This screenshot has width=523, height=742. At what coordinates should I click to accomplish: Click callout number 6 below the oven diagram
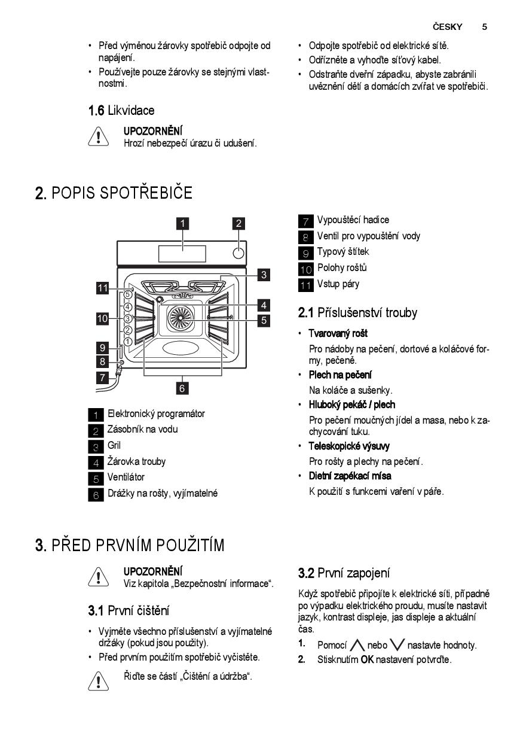pos(182,388)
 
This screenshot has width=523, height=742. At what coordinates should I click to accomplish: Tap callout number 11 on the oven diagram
pos(103,288)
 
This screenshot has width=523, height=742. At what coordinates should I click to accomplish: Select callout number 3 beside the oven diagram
pos(264,275)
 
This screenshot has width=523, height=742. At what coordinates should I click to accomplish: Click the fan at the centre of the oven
pos(181,317)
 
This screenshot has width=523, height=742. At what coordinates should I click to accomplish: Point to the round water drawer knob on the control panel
pos(238,253)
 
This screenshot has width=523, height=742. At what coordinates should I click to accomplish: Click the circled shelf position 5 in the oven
pos(128,294)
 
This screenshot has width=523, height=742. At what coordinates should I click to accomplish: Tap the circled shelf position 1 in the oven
pos(128,342)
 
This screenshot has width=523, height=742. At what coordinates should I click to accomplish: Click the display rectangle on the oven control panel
pos(182,254)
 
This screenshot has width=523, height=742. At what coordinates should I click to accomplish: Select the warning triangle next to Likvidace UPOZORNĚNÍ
pos(98,136)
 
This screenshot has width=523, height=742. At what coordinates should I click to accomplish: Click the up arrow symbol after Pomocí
pos(357,645)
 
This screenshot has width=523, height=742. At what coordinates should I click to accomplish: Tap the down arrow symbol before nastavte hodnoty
pos(397,645)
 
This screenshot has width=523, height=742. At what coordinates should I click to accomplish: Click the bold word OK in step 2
pos(367,660)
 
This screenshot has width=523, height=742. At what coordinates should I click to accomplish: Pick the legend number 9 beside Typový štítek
pos(305,253)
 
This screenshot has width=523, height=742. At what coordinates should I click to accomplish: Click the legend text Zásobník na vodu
pos(143,429)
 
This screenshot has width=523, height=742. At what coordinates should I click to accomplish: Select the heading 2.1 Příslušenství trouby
pos(357,313)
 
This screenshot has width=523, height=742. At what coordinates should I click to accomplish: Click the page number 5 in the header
pos(484,27)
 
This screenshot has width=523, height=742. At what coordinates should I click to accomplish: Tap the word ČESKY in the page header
pos(447,26)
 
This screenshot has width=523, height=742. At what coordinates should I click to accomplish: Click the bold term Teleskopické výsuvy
pos(349,446)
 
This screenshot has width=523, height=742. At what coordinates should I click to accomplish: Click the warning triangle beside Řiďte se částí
pos(98,681)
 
